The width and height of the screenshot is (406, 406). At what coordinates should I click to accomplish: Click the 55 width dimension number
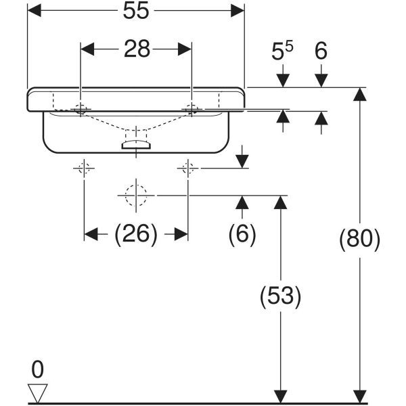click(x=135, y=12)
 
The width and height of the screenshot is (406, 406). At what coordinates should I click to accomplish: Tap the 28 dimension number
click(x=137, y=49)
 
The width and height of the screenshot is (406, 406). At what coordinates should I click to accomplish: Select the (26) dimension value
click(x=136, y=234)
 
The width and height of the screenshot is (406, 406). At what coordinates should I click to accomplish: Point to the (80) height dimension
click(x=359, y=240)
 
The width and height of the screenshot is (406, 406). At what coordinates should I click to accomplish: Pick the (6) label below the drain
click(x=242, y=234)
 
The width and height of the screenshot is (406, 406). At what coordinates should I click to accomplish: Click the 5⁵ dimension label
click(x=283, y=51)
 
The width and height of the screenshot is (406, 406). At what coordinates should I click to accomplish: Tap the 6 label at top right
click(x=321, y=51)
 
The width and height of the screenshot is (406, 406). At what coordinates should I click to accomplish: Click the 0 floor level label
click(x=37, y=369)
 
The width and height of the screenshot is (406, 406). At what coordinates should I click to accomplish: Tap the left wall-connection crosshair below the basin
click(x=84, y=168)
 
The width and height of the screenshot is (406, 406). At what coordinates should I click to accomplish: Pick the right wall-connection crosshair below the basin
click(x=187, y=168)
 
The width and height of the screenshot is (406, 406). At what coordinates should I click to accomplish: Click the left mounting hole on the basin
click(x=81, y=108)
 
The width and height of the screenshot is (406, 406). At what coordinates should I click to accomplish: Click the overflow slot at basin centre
click(x=136, y=143)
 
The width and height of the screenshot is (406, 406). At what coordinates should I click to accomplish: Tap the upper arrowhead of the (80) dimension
click(x=360, y=95)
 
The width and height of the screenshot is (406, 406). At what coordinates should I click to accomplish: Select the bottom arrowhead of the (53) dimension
click(x=279, y=396)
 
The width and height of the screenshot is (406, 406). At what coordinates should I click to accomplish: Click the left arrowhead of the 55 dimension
click(x=32, y=11)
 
